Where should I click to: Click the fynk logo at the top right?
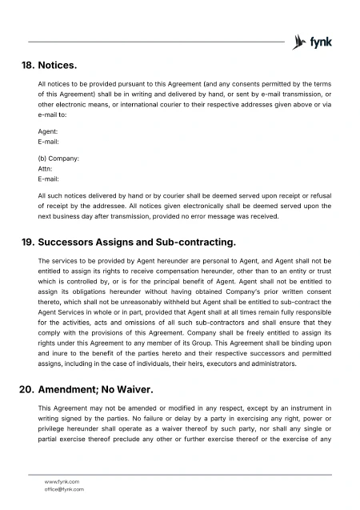coord(314,41)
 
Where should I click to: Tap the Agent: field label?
coord(48,131)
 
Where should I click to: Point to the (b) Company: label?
coord(58,159)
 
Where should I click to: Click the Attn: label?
coord(46,169)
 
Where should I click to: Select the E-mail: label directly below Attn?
coord(49,179)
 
